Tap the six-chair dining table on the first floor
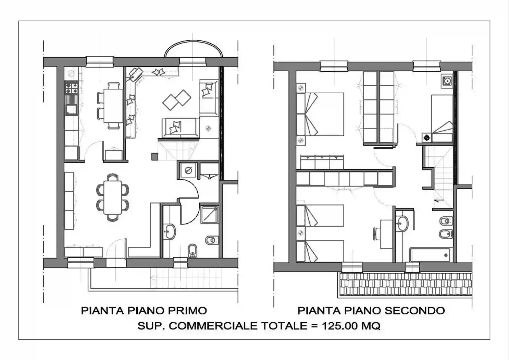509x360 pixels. [x=113, y=197]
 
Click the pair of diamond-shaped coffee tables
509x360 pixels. [x=177, y=100]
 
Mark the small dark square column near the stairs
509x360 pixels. [x=155, y=157]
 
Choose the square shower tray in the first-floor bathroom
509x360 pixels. [x=209, y=215]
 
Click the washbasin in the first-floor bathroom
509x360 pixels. [x=170, y=232]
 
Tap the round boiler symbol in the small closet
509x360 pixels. [x=188, y=170]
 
